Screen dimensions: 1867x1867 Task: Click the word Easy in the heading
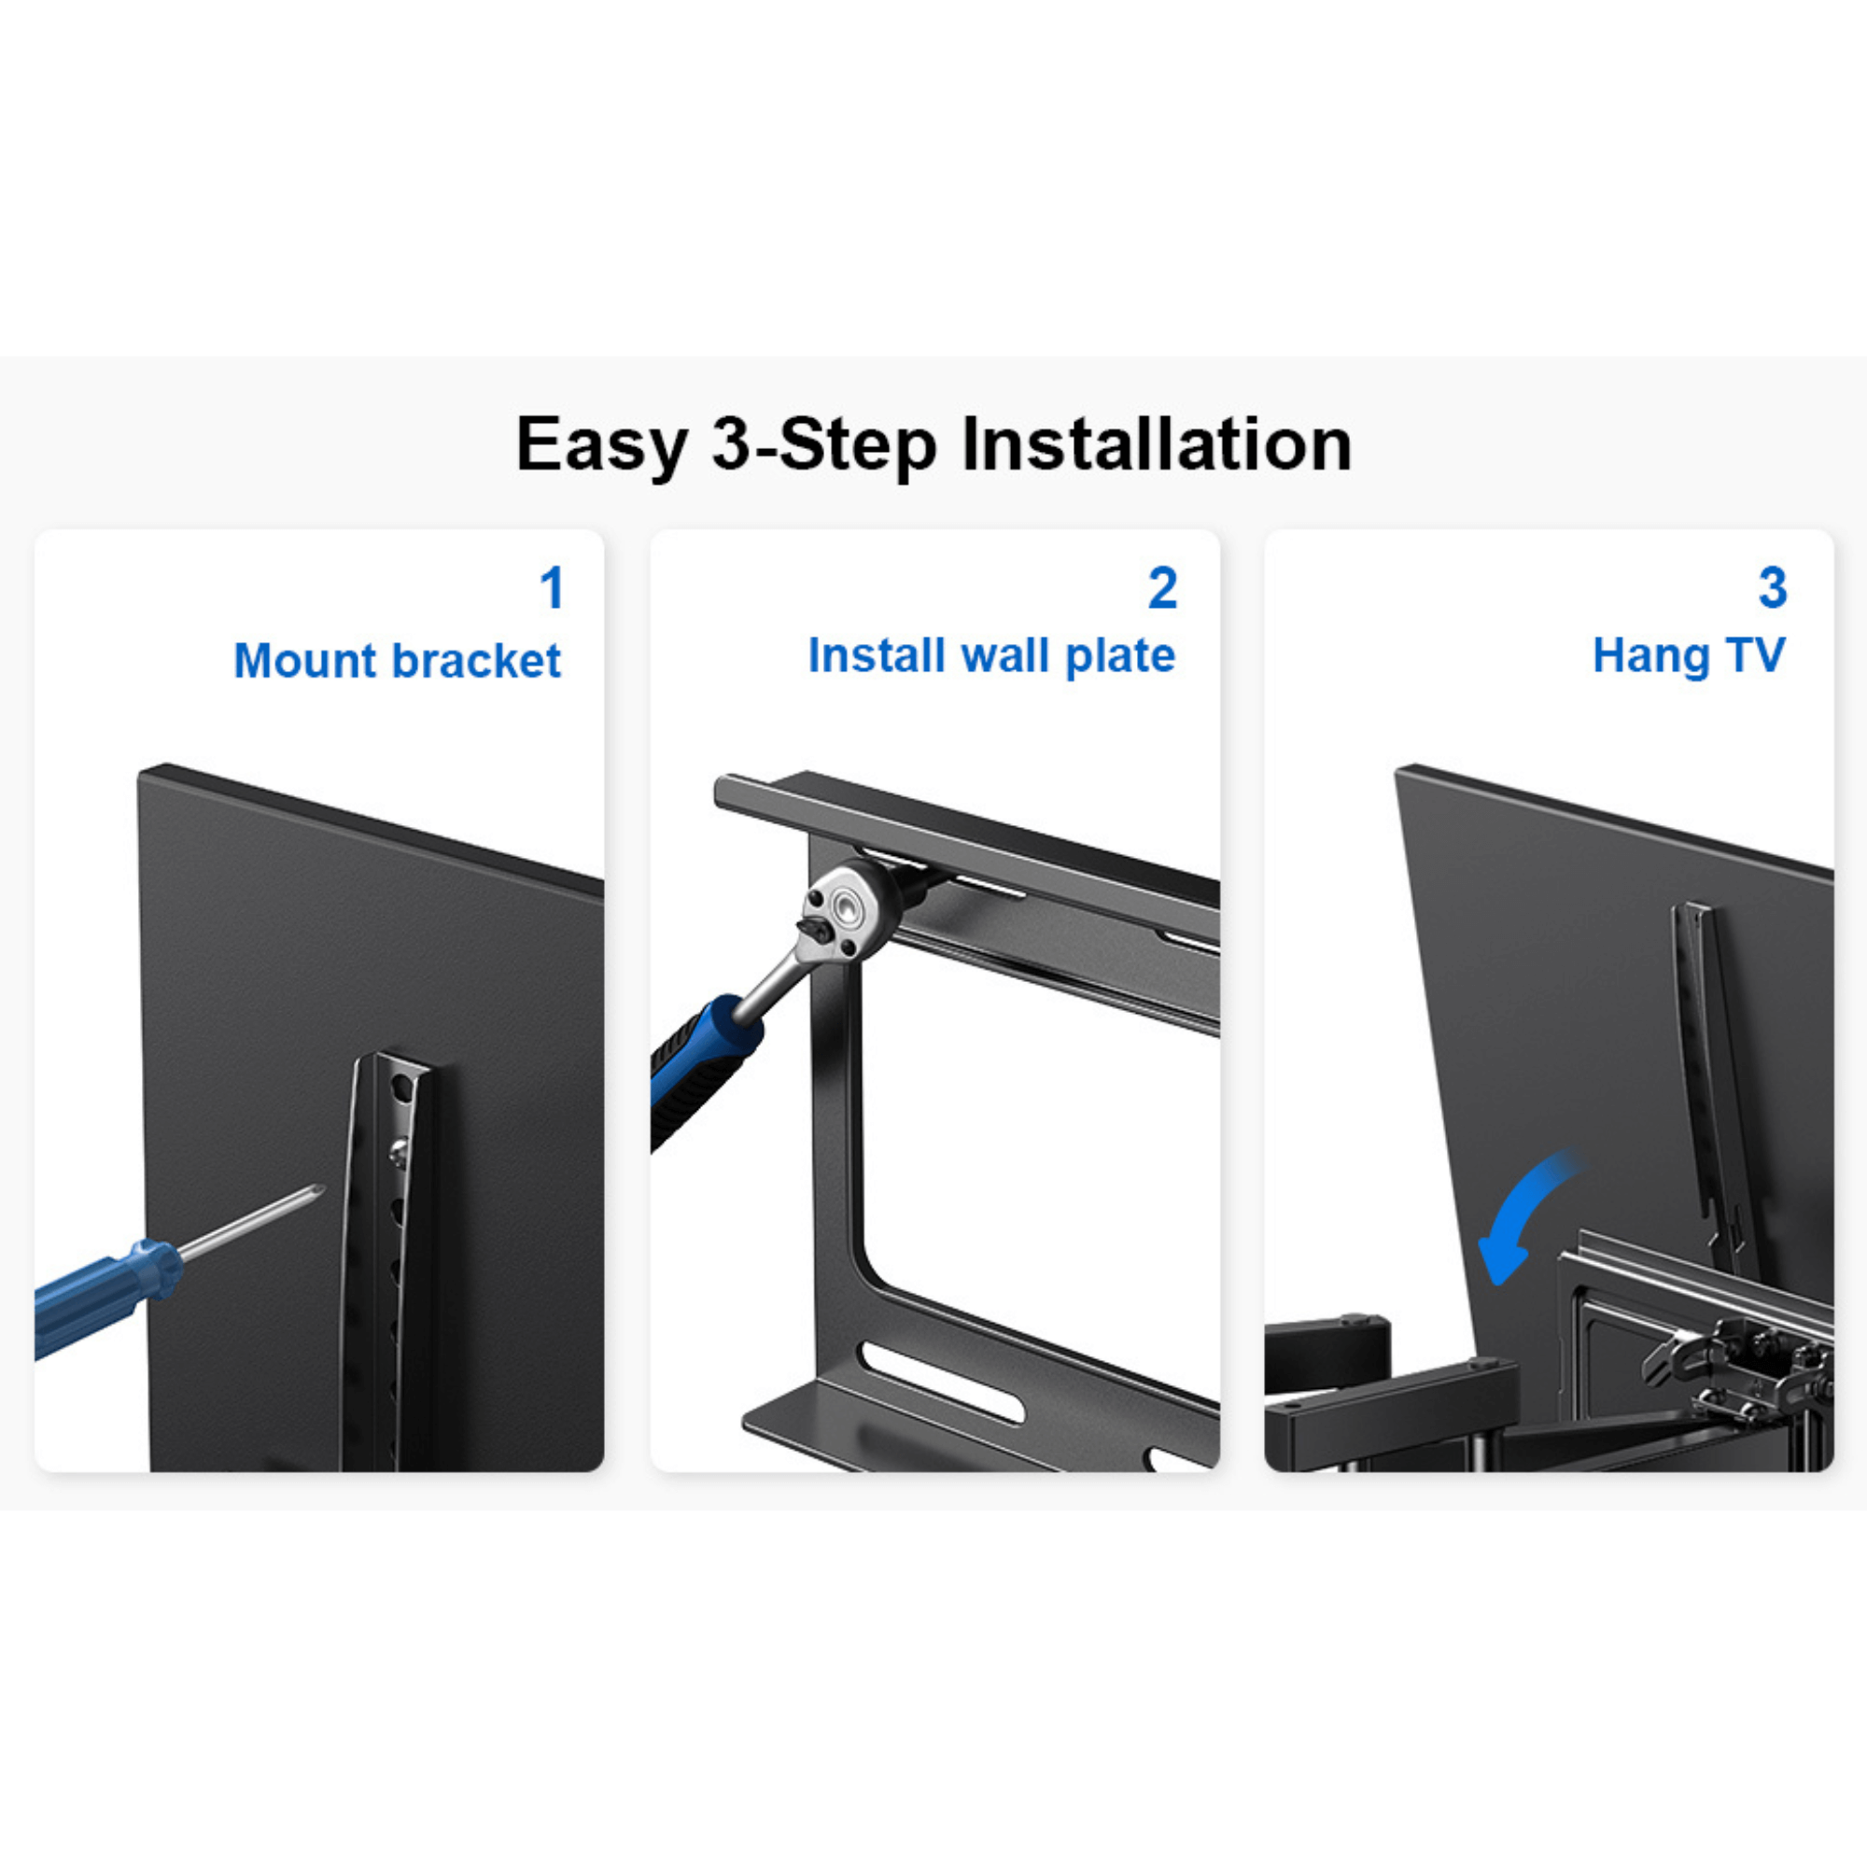(x=601, y=445)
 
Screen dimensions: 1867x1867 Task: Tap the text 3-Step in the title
(x=824, y=445)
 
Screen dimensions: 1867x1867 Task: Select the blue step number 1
(x=552, y=587)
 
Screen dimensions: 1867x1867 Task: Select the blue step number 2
(x=1162, y=587)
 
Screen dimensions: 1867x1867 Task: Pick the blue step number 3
(x=1773, y=587)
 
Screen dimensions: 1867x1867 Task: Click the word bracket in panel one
(x=476, y=661)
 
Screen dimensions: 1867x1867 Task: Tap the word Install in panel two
(x=876, y=655)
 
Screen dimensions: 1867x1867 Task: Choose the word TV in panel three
(x=1755, y=655)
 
